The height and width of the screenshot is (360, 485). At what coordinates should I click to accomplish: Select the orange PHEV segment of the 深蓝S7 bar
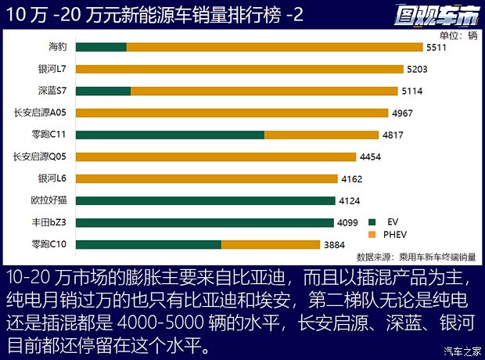click(x=266, y=91)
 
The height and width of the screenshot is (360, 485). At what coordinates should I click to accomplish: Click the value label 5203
click(x=417, y=69)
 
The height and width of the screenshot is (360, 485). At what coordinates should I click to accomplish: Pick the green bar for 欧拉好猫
click(x=206, y=200)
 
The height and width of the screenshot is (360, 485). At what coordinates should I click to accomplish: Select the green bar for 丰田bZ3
click(x=205, y=222)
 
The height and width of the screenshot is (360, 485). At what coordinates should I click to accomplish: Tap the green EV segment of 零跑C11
click(x=171, y=135)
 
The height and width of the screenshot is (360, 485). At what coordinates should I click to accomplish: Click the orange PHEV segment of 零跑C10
click(x=271, y=244)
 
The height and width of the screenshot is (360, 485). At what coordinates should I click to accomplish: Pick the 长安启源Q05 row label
click(x=43, y=157)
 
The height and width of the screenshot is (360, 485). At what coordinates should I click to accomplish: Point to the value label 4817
click(x=393, y=135)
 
